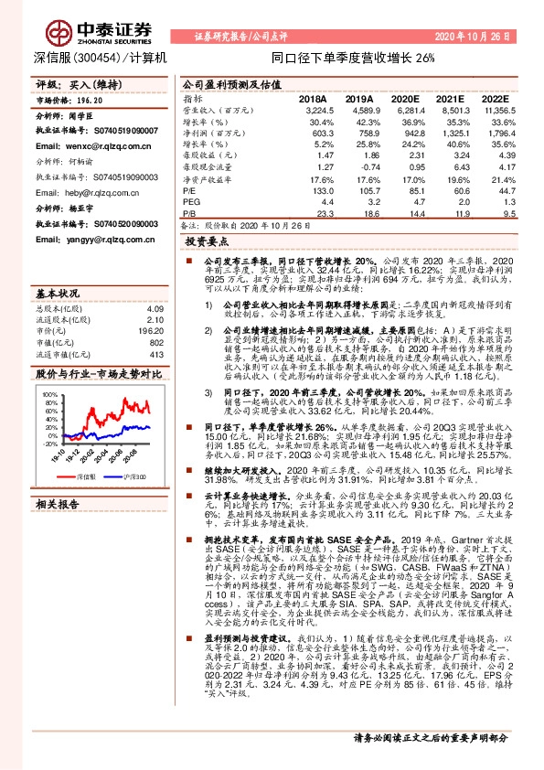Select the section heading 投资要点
coord(208,243)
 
